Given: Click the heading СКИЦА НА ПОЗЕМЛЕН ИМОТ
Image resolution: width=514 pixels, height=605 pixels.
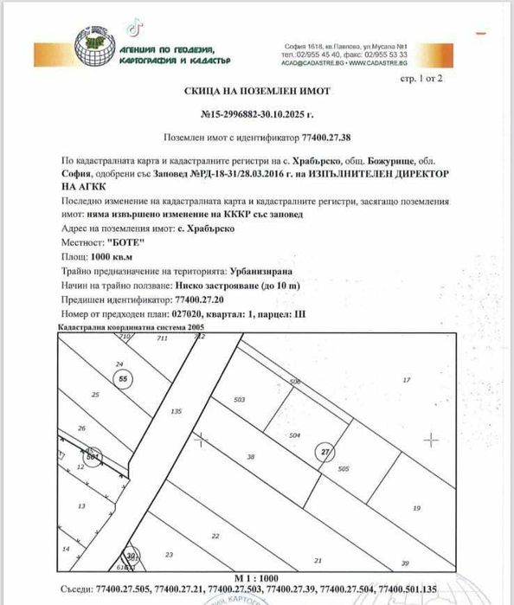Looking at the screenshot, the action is pos(258,90).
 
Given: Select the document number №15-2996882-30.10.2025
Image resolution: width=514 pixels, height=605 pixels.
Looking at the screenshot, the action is pos(258,114).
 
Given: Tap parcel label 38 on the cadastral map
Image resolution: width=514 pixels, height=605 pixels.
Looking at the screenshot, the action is pos(251,456).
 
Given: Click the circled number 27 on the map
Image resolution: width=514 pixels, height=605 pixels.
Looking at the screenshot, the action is pos(325,450).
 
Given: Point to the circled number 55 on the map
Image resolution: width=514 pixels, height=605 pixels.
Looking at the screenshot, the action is pos(124,378).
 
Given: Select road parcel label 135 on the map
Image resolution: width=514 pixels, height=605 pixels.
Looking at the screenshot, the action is pos(177,411).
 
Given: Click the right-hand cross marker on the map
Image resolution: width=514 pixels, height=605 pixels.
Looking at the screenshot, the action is pos(432,440).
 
